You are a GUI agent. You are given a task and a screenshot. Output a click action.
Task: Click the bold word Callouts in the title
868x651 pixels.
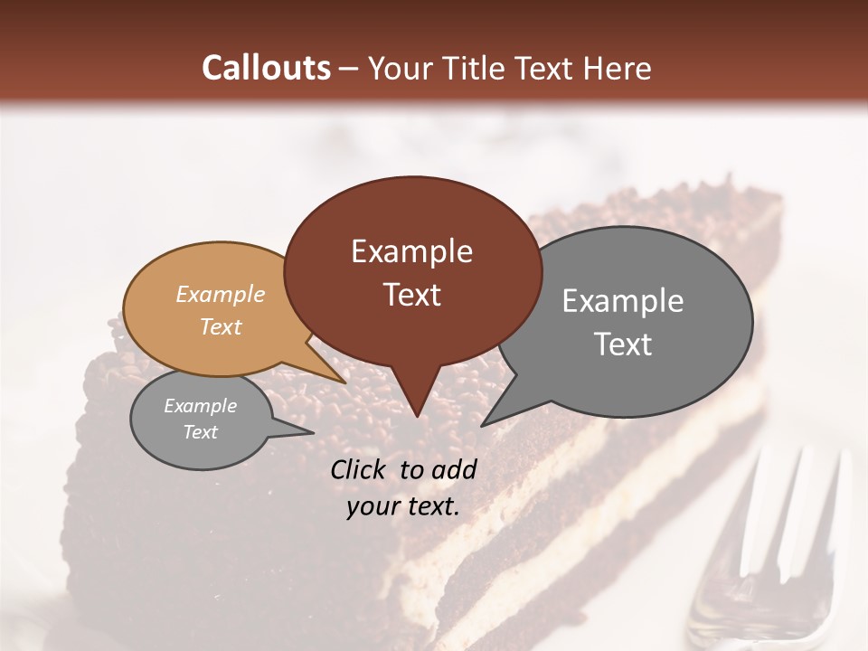(266, 68)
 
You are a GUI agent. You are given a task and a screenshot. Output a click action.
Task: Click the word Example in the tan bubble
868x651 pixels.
(221, 294)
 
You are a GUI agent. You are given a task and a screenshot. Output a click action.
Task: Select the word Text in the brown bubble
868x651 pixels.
(412, 295)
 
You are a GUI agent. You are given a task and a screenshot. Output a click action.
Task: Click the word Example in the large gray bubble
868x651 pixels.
(623, 301)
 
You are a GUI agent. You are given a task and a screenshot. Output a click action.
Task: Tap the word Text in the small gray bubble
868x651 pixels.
(201, 432)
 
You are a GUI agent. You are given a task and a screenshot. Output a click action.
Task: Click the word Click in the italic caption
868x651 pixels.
(359, 469)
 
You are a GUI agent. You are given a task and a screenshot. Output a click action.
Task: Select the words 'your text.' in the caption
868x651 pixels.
(403, 506)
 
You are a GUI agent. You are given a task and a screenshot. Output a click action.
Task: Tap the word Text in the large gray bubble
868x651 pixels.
(623, 344)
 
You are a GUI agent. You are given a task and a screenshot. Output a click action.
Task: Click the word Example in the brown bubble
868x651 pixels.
(412, 251)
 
